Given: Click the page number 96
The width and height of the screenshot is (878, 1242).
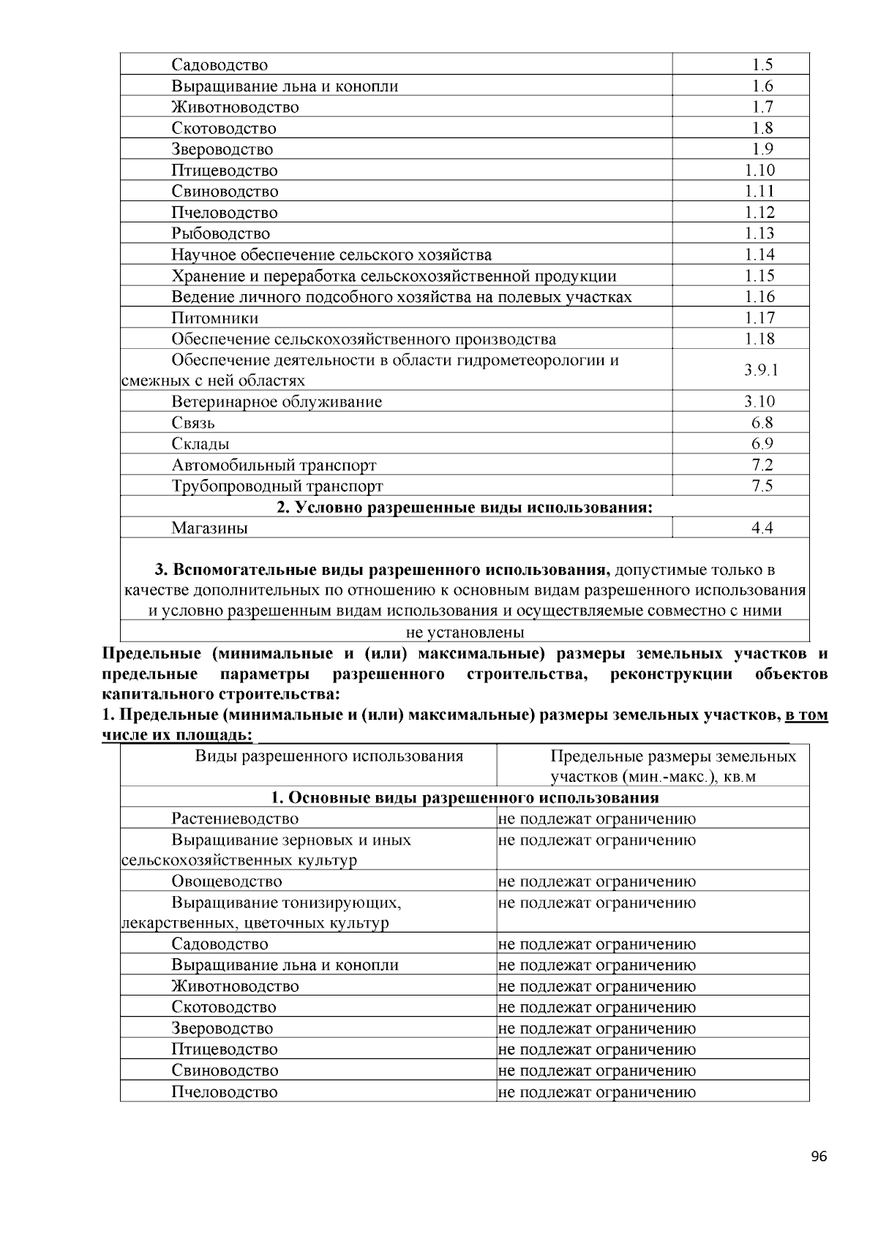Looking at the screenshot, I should pos(819,1156).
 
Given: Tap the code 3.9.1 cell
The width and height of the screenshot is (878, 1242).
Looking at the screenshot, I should pos(761,370).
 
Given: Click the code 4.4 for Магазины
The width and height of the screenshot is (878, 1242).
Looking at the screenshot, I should pos(762,528).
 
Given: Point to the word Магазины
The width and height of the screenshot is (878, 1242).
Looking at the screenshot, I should pos(209,528).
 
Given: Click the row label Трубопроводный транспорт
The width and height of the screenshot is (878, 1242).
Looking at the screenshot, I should pos(277,486).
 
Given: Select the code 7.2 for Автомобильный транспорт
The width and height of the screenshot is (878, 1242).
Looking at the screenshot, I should pos(762,465).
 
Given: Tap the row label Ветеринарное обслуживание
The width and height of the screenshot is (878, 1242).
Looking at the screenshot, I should pos(277,402).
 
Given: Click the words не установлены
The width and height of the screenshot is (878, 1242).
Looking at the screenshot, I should pos(465,633).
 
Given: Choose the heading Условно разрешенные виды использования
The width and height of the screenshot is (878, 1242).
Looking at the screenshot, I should pos(465,508).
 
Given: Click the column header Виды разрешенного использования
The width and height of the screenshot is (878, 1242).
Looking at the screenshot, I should pos(329,756).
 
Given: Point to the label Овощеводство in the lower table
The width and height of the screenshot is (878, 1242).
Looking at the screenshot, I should pos(227,882).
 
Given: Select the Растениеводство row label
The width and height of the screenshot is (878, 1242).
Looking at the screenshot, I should pos(235,819).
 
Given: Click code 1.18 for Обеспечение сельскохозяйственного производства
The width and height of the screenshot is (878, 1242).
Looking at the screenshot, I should pos(760,339).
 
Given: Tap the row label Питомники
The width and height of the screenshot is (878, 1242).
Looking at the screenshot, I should pos(214,318).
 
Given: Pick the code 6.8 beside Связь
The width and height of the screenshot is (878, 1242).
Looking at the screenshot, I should pos(762,423).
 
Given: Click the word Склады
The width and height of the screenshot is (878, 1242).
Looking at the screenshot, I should pos(200,444).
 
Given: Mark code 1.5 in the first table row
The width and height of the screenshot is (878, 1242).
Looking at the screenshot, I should pos(762,65).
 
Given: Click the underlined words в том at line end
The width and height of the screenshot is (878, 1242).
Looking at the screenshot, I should pos(806,715).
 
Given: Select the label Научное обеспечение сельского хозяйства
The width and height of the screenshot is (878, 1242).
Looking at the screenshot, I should pos(331,255).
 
